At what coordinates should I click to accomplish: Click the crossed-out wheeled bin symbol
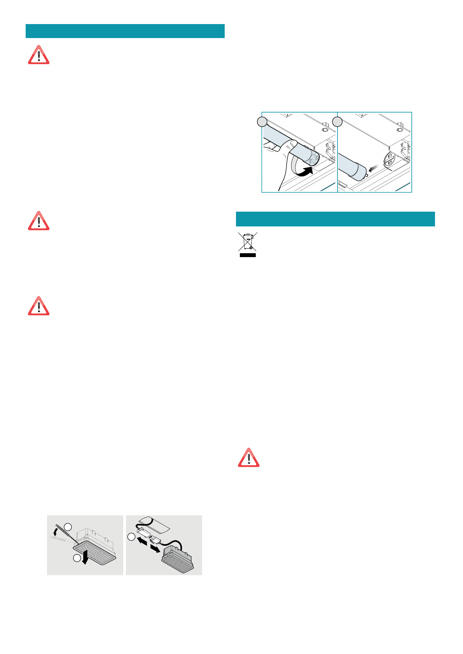point(247,242)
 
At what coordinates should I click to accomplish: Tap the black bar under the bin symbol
point(247,255)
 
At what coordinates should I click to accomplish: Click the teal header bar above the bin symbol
point(335,219)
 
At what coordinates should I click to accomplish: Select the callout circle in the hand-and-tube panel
point(262,122)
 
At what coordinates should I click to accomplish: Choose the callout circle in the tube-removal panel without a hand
point(337,122)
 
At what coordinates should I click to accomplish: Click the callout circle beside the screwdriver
point(68,527)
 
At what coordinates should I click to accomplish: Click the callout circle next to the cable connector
point(131,537)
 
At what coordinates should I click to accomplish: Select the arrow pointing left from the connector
point(142,540)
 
